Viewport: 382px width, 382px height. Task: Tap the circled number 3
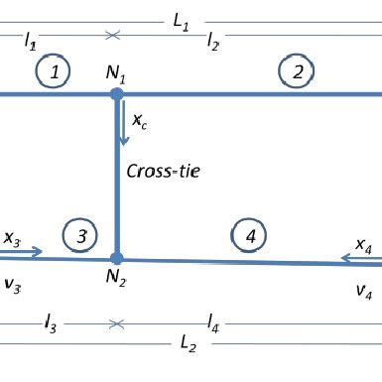[x=81, y=235]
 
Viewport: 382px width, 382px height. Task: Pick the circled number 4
[x=250, y=235]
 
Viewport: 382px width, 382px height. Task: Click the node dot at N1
[x=117, y=94]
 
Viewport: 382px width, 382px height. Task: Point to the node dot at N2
[x=117, y=257]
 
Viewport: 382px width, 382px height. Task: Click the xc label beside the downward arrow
[x=140, y=121]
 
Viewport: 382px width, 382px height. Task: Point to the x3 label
[x=12, y=238]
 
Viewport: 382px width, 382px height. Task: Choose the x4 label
[x=364, y=244]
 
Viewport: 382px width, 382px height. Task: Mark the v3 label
[x=12, y=285]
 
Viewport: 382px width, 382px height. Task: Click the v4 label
[x=365, y=291]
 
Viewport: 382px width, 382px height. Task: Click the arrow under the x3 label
[x=21, y=253]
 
